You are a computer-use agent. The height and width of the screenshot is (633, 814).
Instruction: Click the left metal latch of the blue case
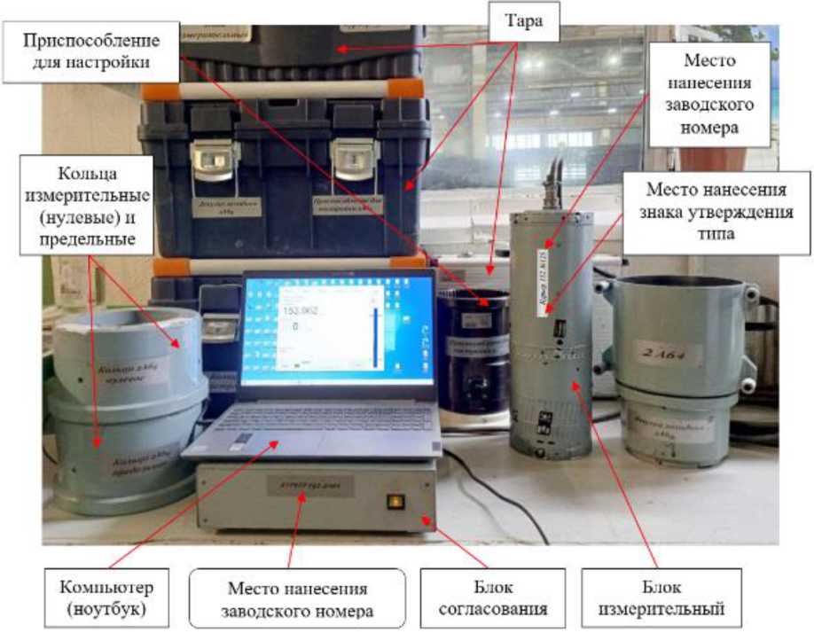(x=215, y=160)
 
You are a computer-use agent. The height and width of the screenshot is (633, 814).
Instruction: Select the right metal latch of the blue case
(x=354, y=160)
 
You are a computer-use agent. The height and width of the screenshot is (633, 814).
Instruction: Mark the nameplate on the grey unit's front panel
(x=310, y=485)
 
